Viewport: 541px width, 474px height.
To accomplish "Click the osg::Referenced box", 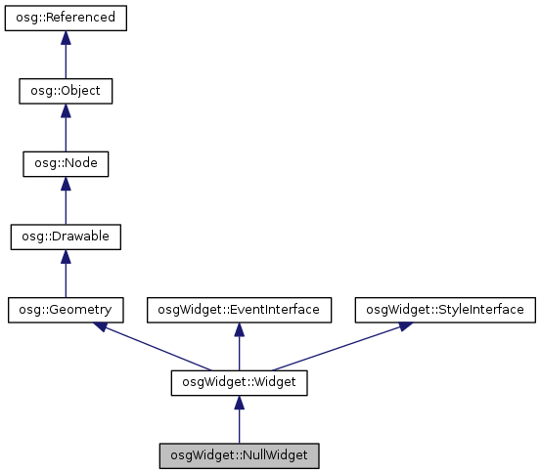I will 66,18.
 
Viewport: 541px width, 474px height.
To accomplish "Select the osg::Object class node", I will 66,91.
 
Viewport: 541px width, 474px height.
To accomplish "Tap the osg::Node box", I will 66,164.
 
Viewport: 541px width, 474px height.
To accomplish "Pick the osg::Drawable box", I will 66,237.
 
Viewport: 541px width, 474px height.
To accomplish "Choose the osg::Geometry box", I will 66,310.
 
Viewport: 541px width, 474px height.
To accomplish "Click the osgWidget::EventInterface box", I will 240,310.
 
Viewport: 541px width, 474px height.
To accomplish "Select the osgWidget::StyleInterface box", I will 445,310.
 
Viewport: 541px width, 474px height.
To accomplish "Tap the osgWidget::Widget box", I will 240,383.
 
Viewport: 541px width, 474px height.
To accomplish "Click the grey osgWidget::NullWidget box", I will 240,456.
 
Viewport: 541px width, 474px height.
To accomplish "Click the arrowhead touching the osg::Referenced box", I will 66,37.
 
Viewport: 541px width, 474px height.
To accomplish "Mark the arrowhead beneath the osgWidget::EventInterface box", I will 240,329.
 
